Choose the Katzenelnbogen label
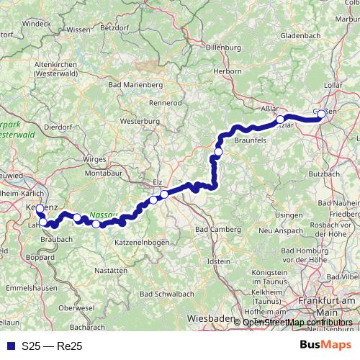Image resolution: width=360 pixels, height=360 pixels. pyautogui.click(x=143, y=243)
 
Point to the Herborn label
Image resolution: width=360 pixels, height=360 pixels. pyautogui.click(x=226, y=71)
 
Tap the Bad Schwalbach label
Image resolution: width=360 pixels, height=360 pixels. pyautogui.click(x=166, y=294)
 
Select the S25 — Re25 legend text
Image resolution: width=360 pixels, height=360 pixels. pyautogui.click(x=53, y=346)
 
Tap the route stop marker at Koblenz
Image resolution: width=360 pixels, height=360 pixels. pyautogui.click(x=40, y=210)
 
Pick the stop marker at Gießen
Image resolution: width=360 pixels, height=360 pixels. pyautogui.click(x=321, y=113)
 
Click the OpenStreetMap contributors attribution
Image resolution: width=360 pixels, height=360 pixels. pyautogui.click(x=297, y=322)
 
